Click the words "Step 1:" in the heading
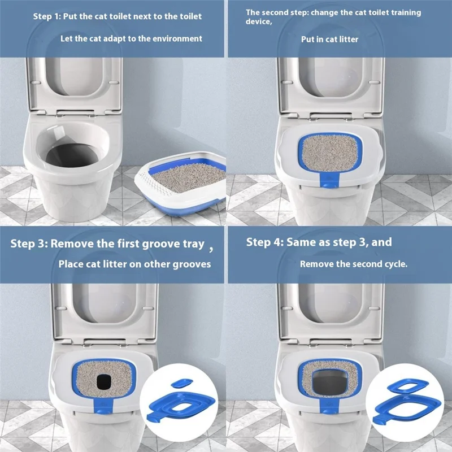[x=47, y=16]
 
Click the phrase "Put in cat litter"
[x=329, y=39]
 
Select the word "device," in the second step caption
[x=259, y=21]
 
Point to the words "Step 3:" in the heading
[x=29, y=244]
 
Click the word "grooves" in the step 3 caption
[x=192, y=264]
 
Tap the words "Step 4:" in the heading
[x=265, y=242]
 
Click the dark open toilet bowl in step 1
[x=72, y=155]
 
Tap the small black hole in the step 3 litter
[x=104, y=382]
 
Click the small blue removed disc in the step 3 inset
[x=181, y=383]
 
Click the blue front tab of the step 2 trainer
[x=329, y=181]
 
